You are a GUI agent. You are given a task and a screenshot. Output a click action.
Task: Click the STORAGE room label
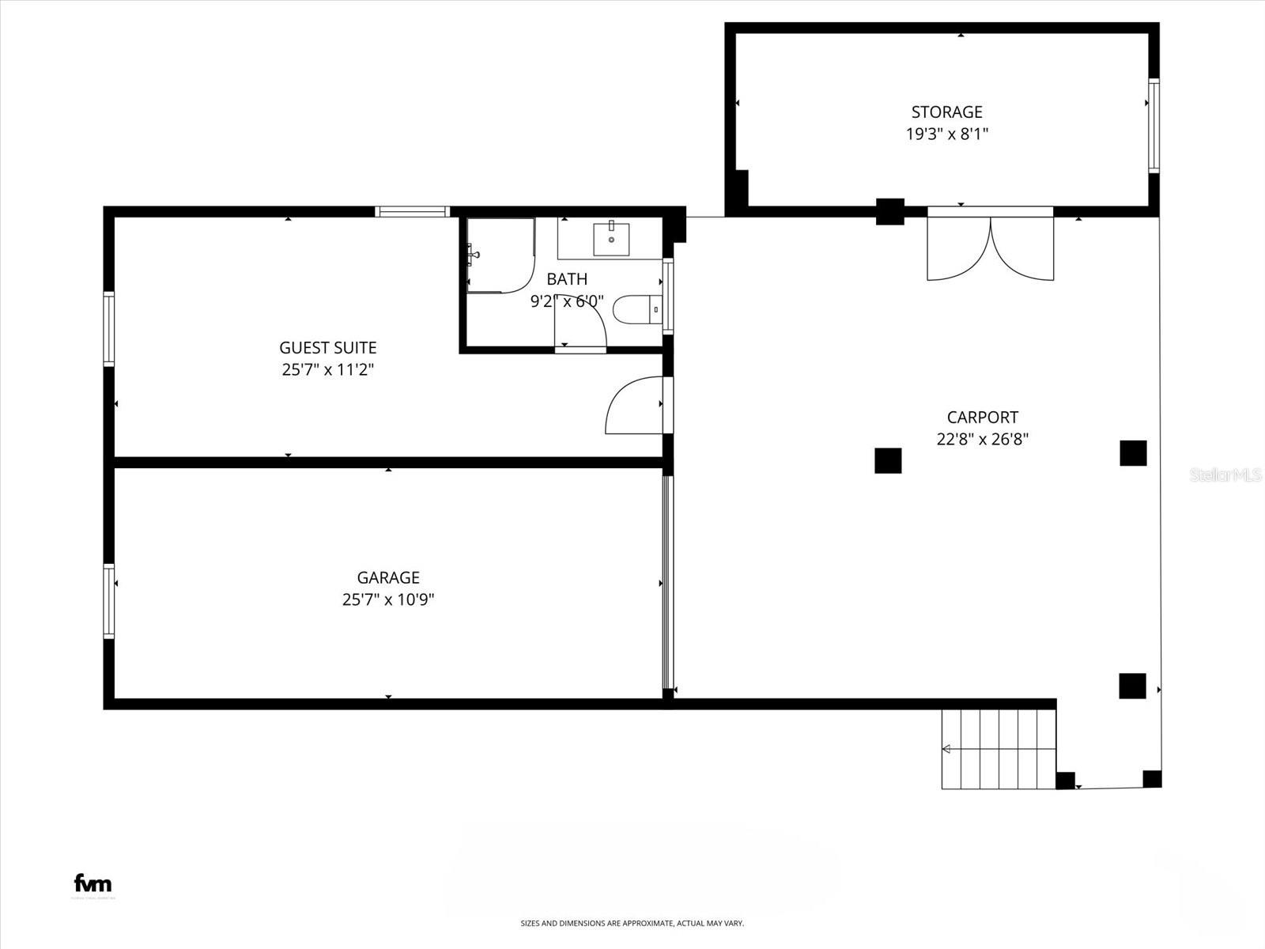(x=946, y=112)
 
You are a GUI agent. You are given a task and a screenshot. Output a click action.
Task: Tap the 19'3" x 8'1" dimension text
(x=946, y=134)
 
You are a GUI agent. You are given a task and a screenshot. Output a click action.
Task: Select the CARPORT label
(x=982, y=417)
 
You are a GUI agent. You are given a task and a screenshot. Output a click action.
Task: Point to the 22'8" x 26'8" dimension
(x=982, y=439)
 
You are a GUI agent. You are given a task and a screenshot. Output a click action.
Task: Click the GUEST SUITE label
(x=327, y=347)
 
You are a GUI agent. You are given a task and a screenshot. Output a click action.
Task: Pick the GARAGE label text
(x=387, y=577)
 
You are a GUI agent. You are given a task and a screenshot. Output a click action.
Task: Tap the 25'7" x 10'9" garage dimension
(x=387, y=599)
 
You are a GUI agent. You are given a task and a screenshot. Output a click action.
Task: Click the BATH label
(x=567, y=278)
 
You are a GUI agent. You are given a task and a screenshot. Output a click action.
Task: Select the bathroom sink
(x=611, y=239)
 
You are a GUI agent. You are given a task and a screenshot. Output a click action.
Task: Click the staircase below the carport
(x=998, y=748)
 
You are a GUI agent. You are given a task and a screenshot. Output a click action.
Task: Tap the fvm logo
(x=93, y=883)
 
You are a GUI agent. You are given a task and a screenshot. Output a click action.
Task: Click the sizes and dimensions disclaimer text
(x=632, y=923)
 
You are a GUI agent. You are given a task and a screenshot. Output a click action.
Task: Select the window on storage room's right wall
(x=1154, y=126)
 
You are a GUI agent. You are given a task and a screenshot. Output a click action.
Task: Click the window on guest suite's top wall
(x=412, y=211)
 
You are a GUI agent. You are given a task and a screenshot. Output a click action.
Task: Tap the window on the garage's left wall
(x=109, y=601)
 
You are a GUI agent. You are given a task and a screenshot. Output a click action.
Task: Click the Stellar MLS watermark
(x=1225, y=475)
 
